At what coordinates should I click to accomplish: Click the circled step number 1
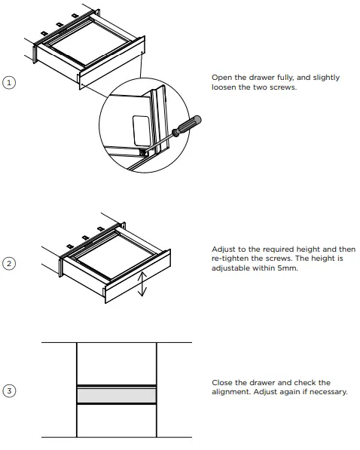coord(9,83)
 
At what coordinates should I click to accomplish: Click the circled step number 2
coord(9,263)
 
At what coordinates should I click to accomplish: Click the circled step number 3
coord(9,390)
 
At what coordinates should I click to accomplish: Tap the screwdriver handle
coord(188,123)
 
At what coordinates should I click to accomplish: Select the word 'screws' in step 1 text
coord(283,87)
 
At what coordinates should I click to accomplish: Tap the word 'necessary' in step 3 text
coord(328,392)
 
